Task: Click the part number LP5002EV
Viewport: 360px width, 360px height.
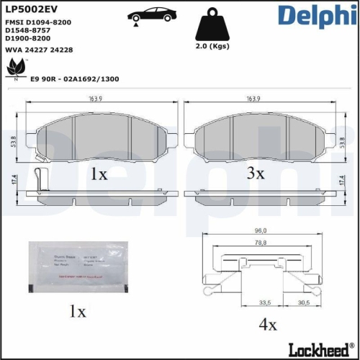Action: pyautogui.click(x=30, y=9)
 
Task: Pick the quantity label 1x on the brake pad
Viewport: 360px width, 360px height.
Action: pyautogui.click(x=99, y=174)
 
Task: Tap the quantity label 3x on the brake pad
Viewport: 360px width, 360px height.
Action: pyautogui.click(x=256, y=174)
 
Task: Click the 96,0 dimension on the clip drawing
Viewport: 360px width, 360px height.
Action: pyautogui.click(x=261, y=230)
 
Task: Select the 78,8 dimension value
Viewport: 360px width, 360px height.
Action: pyautogui.click(x=261, y=243)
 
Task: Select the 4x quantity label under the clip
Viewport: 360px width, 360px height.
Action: pyautogui.click(x=268, y=325)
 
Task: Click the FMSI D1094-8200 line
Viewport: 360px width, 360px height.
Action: pyautogui.click(x=37, y=23)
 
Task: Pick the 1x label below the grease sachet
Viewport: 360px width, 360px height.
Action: pyautogui.click(x=76, y=312)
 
